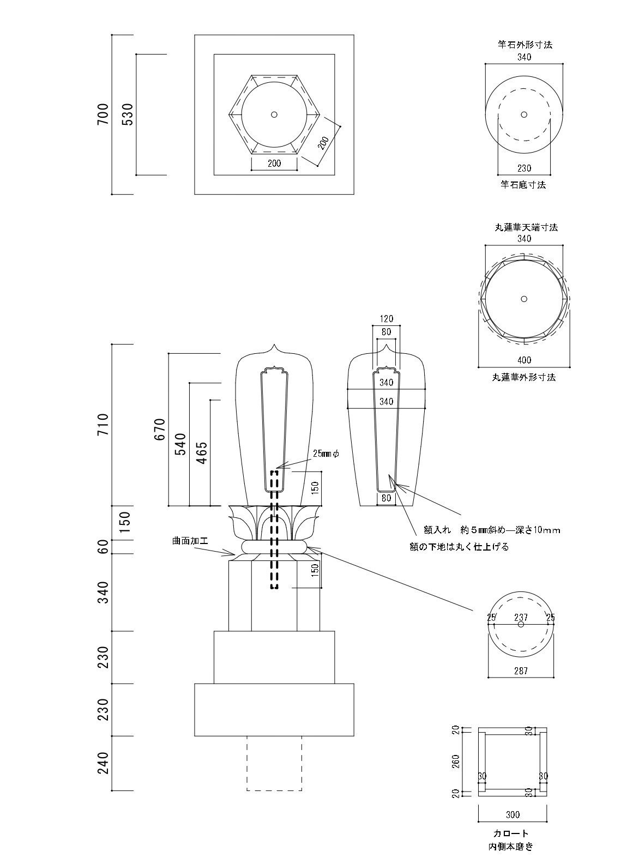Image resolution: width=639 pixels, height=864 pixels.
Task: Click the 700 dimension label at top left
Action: pyautogui.click(x=103, y=114)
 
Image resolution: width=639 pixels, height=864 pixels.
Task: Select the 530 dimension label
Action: pyautogui.click(x=127, y=114)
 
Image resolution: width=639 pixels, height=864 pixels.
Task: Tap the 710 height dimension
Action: pyautogui.click(x=103, y=425)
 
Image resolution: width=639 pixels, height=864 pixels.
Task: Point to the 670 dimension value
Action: pyautogui.click(x=159, y=430)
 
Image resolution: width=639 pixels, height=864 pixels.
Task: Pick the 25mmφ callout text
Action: pyautogui.click(x=326, y=453)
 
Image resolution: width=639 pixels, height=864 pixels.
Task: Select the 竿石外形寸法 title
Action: pyautogui.click(x=525, y=45)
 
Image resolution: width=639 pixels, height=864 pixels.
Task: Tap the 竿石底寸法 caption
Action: pyautogui.click(x=523, y=185)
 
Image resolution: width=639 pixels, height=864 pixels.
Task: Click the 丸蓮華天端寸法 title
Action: pyautogui.click(x=526, y=227)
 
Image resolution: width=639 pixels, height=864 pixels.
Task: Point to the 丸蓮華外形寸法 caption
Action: pyautogui.click(x=524, y=377)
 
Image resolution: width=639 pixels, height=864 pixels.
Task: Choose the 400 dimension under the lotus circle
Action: pyautogui.click(x=525, y=360)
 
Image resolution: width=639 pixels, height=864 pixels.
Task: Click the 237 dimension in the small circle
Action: pyautogui.click(x=521, y=617)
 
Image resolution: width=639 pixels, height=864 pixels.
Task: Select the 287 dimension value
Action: pyautogui.click(x=521, y=671)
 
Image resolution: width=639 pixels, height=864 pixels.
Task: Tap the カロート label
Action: pyautogui.click(x=511, y=833)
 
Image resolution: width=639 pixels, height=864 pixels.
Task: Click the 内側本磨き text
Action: pyautogui.click(x=511, y=847)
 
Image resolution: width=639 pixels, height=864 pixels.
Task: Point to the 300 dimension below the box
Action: pyautogui.click(x=513, y=814)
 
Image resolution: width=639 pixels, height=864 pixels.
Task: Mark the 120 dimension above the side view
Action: pyautogui.click(x=386, y=319)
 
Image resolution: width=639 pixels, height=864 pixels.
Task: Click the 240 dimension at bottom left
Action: pyautogui.click(x=103, y=763)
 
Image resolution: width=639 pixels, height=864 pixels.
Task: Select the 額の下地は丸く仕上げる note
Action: pyautogui.click(x=459, y=547)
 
